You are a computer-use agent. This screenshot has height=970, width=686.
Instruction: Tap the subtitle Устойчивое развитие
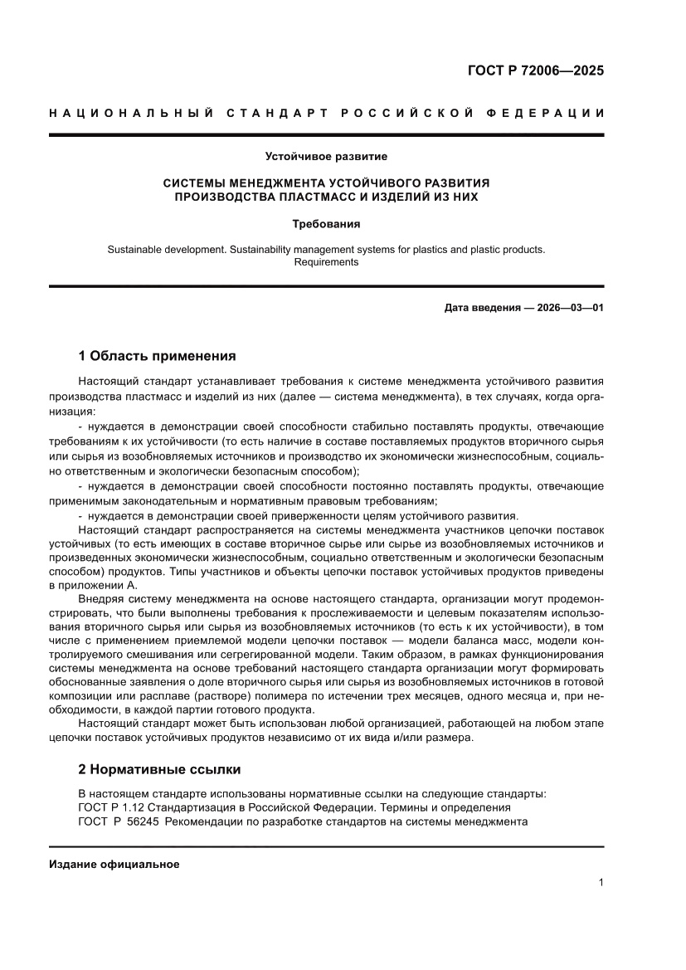click(326, 156)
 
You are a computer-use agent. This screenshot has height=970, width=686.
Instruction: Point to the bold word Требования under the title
click(326, 224)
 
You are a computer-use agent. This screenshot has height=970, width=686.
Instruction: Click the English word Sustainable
click(136, 248)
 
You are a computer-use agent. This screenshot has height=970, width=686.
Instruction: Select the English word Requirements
click(326, 261)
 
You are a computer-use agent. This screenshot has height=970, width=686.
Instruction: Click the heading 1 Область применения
click(157, 356)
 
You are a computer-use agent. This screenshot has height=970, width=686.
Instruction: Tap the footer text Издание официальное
click(114, 864)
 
